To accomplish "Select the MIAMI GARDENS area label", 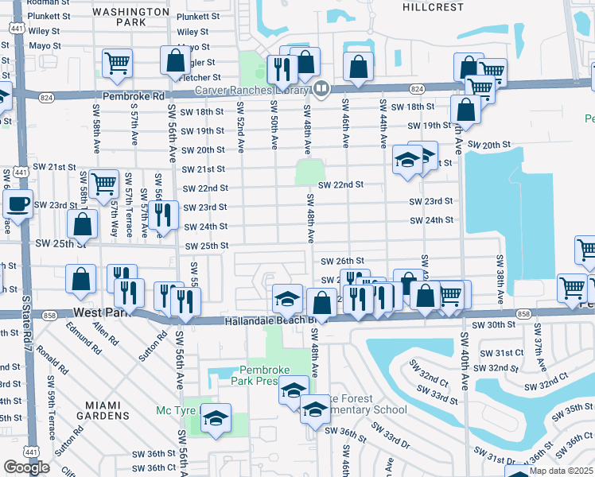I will tap(108, 409).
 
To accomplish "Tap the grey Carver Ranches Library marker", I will tap(321, 88).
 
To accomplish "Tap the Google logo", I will tap(26, 467).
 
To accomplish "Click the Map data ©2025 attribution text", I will tap(560, 471).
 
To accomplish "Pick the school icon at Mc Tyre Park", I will tap(215, 418).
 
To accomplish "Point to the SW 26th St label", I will tap(342, 261).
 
